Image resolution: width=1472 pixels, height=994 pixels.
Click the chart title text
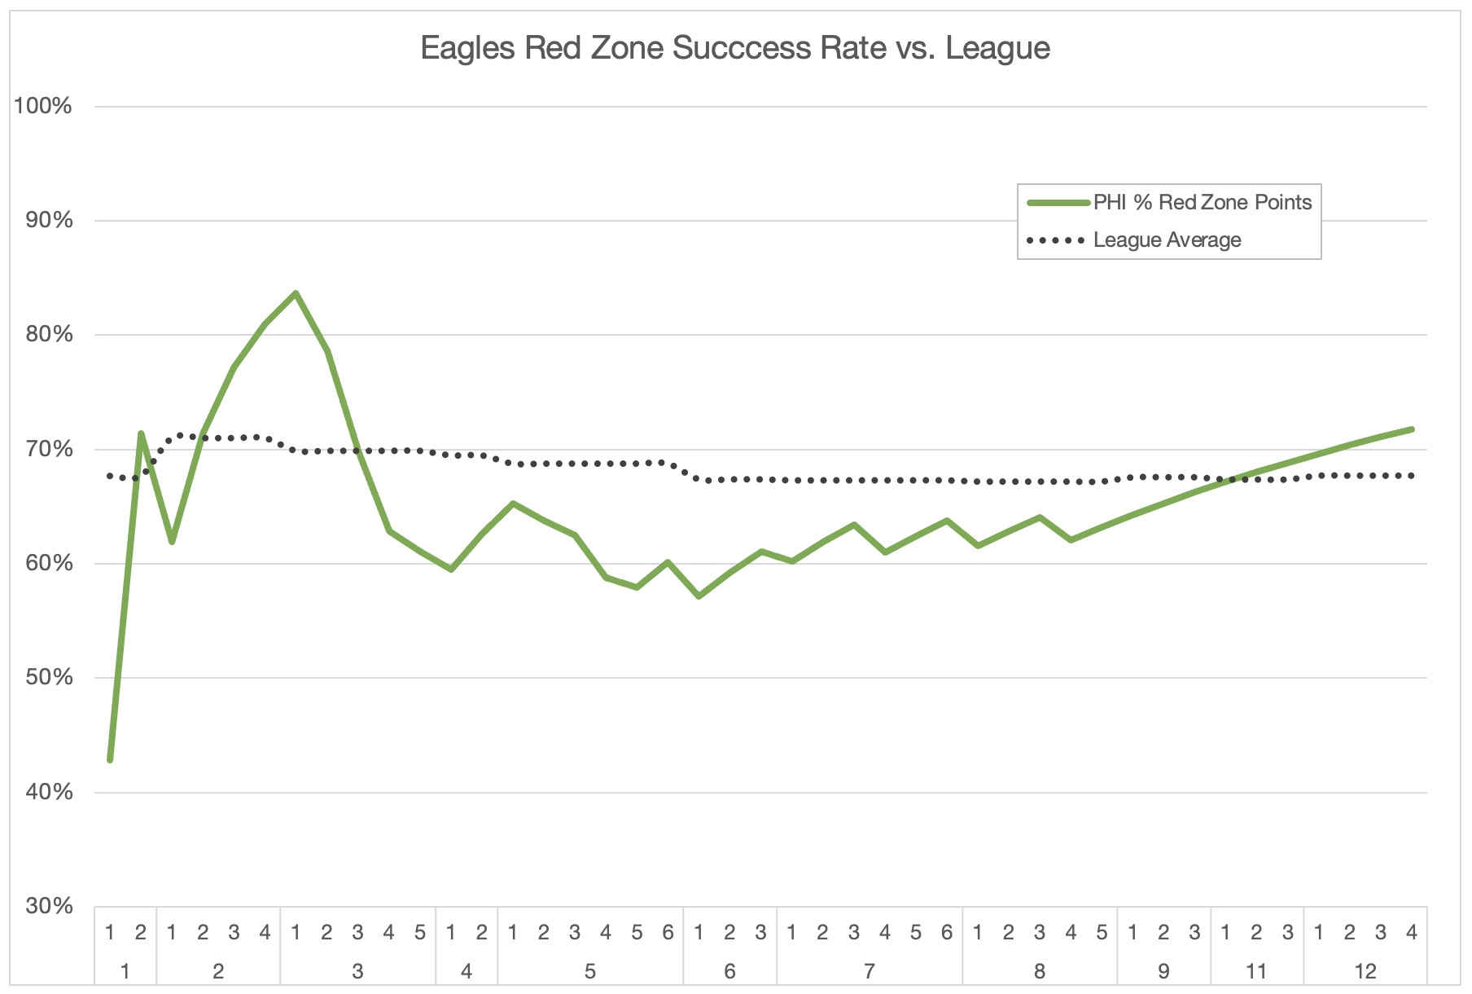pyautogui.click(x=734, y=48)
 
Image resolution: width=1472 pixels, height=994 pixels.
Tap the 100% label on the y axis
pyautogui.click(x=43, y=106)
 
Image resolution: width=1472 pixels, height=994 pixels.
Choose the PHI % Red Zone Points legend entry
pyautogui.click(x=1202, y=202)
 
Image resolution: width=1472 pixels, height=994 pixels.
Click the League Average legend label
pyautogui.click(x=1167, y=240)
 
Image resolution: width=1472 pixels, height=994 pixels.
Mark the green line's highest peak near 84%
pyautogui.click(x=296, y=293)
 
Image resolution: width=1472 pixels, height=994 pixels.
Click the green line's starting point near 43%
pyautogui.click(x=110, y=760)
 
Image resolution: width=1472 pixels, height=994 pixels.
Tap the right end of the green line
pyautogui.click(x=1411, y=429)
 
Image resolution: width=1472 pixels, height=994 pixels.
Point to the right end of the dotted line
pyautogui.click(x=1411, y=475)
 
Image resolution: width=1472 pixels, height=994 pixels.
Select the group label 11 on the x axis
pyautogui.click(x=1256, y=971)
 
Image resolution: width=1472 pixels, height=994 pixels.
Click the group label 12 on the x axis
pyautogui.click(x=1365, y=971)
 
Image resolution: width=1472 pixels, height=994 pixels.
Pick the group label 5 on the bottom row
pyautogui.click(x=590, y=971)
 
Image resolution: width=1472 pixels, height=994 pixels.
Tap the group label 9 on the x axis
pyautogui.click(x=1163, y=971)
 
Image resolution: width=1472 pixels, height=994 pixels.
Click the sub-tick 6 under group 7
pyautogui.click(x=946, y=932)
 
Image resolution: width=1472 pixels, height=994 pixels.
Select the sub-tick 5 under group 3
pyautogui.click(x=420, y=932)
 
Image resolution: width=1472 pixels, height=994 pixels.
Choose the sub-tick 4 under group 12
pyautogui.click(x=1411, y=932)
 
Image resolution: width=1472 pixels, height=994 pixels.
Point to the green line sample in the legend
pyautogui.click(x=1058, y=203)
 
